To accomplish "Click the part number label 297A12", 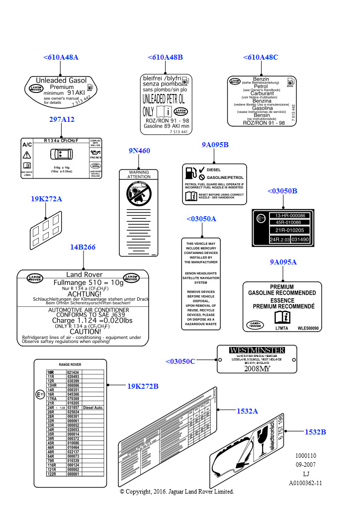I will pyautogui.click(x=62, y=119).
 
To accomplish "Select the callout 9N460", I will pyautogui.click(x=139, y=151).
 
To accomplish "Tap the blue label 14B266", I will pyautogui.click(x=83, y=248).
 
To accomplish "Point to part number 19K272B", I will pyautogui.click(x=143, y=386).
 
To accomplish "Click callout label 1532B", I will pyautogui.click(x=315, y=432).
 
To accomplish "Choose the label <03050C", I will pyautogui.click(x=180, y=361).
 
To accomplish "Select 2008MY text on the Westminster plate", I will pyautogui.click(x=257, y=368).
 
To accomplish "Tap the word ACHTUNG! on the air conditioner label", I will pyautogui.click(x=84, y=294).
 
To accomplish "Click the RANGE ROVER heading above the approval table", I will pyautogui.click(x=70, y=364).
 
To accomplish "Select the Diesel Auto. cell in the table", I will pyautogui.click(x=93, y=408).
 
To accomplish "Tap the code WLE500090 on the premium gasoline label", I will pyautogui.click(x=308, y=328).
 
